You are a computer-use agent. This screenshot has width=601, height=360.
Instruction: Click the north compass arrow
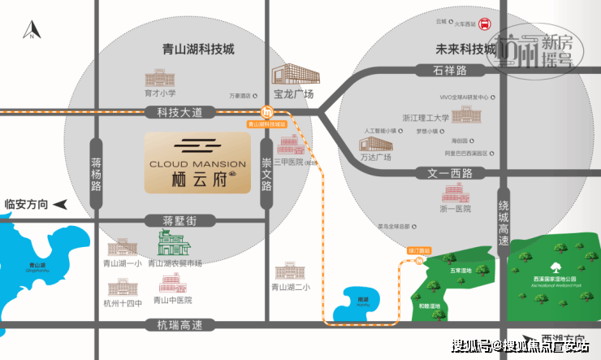click(31, 31)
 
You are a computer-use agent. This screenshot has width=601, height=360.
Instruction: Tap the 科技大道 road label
click(179, 111)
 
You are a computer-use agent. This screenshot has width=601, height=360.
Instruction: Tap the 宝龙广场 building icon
click(291, 78)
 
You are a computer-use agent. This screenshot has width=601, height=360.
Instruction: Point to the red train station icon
click(485, 24)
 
